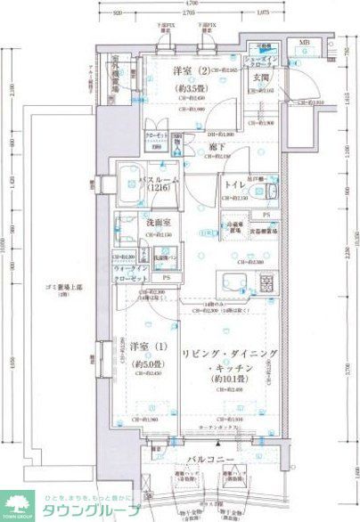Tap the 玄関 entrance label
point(260,77)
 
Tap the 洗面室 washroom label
point(135,225)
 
